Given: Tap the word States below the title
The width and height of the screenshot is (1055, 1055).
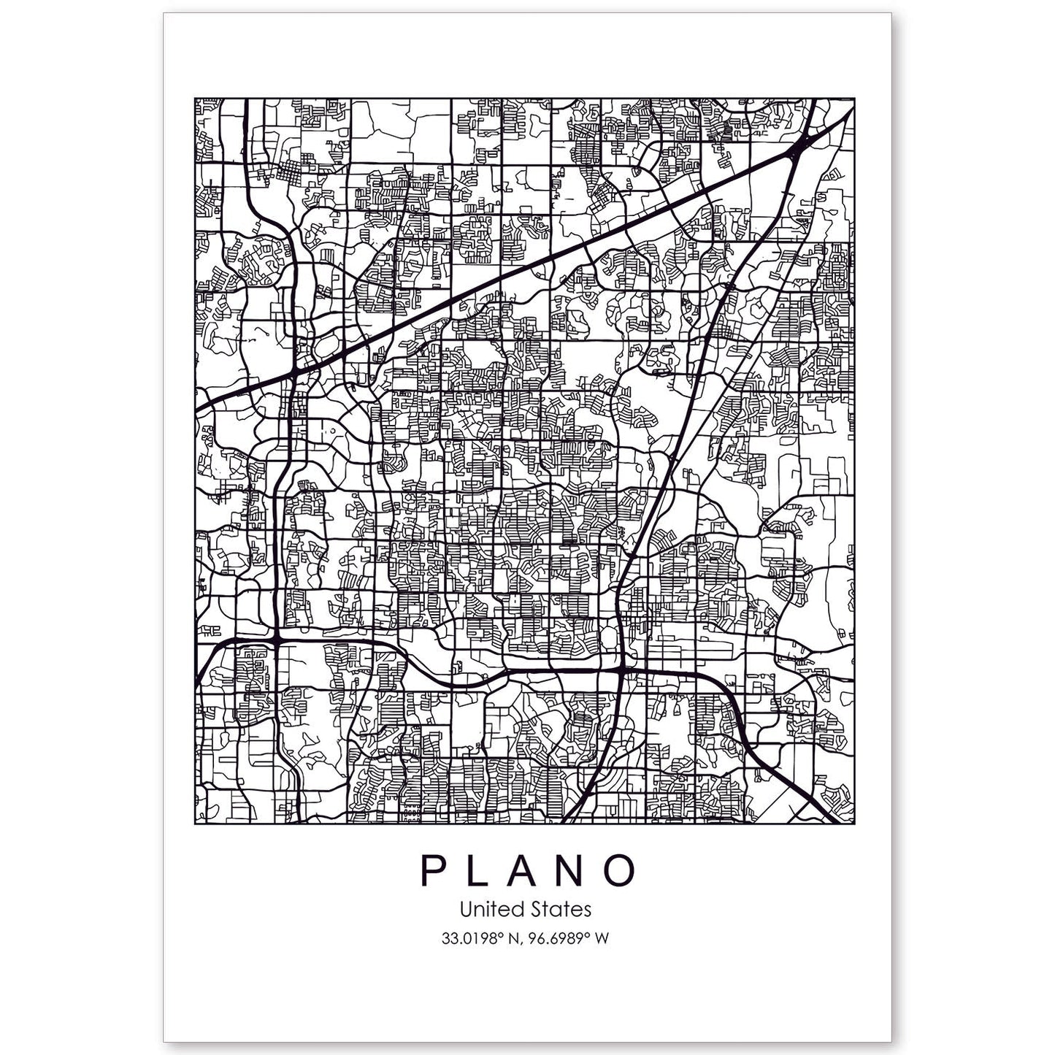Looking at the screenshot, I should pyautogui.click(x=561, y=910).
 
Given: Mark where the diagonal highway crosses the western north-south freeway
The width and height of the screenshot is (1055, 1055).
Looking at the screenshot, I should pyautogui.click(x=294, y=372).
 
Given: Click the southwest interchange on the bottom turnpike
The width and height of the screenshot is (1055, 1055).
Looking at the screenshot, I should pyautogui.click(x=277, y=640).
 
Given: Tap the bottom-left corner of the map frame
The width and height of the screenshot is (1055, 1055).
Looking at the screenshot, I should pyautogui.click(x=194, y=824).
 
